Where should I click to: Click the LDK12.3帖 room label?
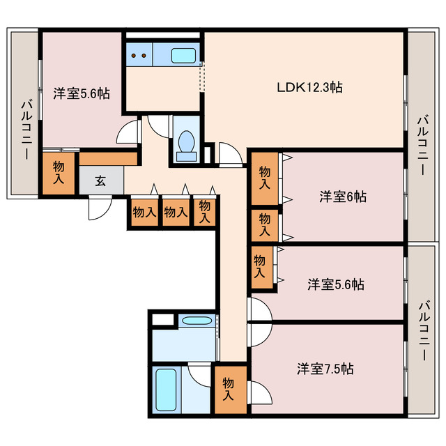(x=309, y=87)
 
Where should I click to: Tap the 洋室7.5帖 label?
(x=325, y=369)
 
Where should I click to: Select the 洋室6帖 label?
(x=343, y=197)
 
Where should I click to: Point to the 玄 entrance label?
(x=100, y=180)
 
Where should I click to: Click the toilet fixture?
(x=186, y=146)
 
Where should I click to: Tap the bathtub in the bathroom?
(x=166, y=390)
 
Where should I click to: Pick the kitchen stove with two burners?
(x=139, y=54)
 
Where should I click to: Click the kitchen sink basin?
(x=183, y=56)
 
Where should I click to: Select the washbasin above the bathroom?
(x=197, y=321)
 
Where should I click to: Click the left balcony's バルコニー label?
(x=26, y=130)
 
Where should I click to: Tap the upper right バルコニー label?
(x=423, y=145)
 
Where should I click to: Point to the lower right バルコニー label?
(x=424, y=331)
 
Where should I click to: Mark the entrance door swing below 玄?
(x=100, y=208)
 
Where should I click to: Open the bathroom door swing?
(x=199, y=374)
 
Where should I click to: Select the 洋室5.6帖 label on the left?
(x=82, y=93)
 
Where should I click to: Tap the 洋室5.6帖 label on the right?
(x=336, y=284)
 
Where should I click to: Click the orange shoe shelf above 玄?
(x=108, y=159)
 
